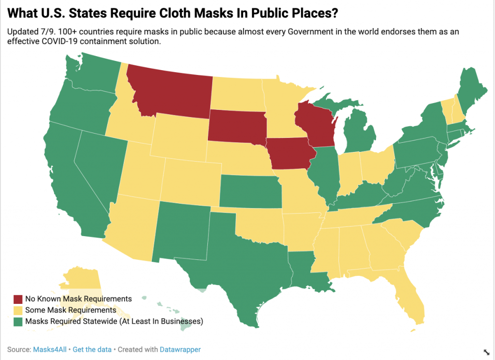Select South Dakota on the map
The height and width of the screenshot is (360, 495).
click(237, 125)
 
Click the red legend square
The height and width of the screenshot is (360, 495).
click(18, 299)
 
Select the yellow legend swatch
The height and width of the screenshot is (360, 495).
click(18, 310)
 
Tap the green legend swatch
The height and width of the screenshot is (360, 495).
click(18, 321)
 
